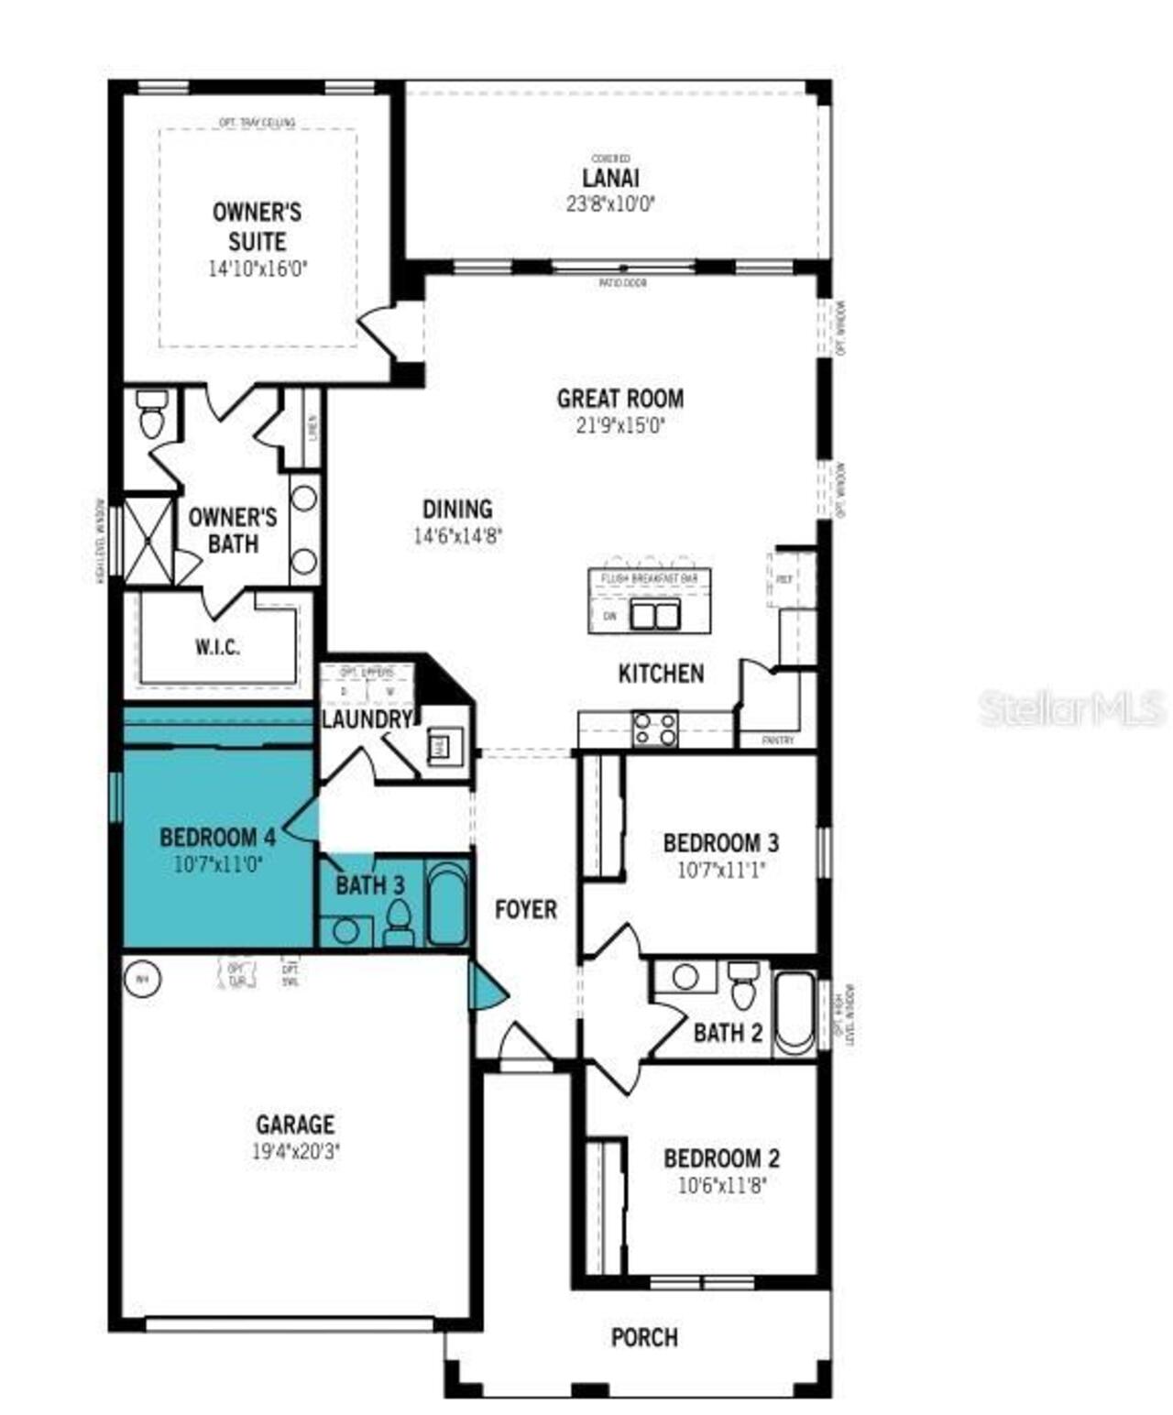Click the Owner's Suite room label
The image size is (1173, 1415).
(x=257, y=226)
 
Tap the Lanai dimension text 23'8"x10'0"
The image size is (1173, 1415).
(x=610, y=203)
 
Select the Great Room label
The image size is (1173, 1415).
(x=619, y=399)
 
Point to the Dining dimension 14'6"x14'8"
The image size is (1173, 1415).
(x=457, y=536)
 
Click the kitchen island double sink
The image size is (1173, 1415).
(x=654, y=615)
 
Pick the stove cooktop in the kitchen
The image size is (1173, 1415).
(x=655, y=729)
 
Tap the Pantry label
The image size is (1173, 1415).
(x=778, y=740)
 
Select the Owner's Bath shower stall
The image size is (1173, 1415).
(x=148, y=540)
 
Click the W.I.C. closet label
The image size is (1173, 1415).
(x=217, y=647)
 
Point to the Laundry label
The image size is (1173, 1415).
(x=366, y=719)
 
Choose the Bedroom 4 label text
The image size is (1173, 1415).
(x=217, y=837)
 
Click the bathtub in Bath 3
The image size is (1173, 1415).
(x=447, y=903)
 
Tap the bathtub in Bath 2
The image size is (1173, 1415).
(x=795, y=1015)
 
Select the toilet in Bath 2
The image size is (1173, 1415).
(x=742, y=985)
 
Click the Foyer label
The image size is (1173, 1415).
(x=526, y=909)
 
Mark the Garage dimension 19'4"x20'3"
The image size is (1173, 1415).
(x=295, y=1151)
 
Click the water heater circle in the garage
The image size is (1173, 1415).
(x=141, y=979)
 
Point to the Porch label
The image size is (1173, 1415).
(x=644, y=1337)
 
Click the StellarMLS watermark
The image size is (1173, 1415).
(x=1070, y=707)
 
